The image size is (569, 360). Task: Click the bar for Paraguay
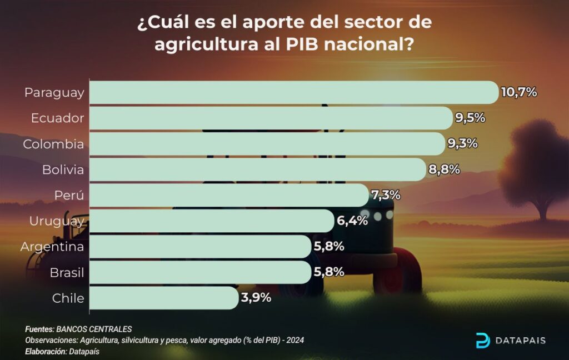pos(293,92)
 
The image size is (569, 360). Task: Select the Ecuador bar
pos(271,118)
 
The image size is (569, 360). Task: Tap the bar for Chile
pos(164,298)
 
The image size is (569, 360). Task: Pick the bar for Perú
pos(228,195)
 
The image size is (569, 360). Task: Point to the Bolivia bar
pos(257,169)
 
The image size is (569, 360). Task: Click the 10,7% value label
pos(519,92)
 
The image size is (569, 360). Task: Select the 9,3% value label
pos(462,143)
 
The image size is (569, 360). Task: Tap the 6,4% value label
pos(352,221)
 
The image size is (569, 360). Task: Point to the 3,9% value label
pos(256,298)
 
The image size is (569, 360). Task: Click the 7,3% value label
pos(385,195)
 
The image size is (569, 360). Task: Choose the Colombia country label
pos(53,144)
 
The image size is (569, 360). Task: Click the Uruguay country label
pos(57,221)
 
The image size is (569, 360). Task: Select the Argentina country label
pos(52,247)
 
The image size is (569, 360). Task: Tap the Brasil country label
pos(67,272)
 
